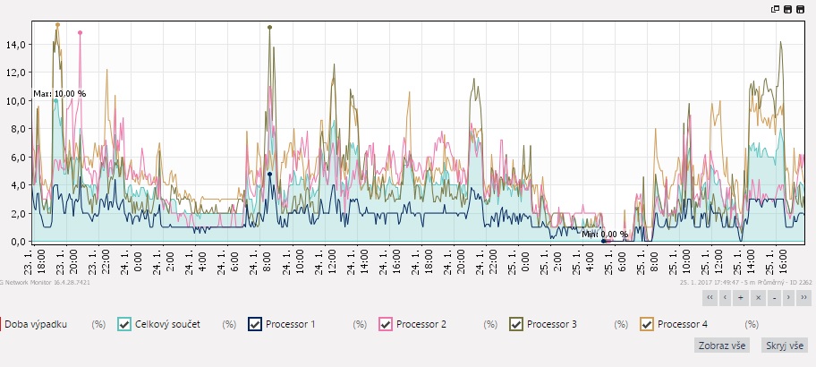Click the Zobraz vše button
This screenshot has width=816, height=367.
click(x=722, y=346)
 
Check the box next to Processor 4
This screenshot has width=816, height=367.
click(x=647, y=324)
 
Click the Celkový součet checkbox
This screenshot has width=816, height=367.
click(x=124, y=324)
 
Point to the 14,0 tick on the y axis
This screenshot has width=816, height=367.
click(x=17, y=45)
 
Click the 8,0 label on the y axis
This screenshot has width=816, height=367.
click(x=17, y=129)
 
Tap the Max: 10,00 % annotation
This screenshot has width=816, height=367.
click(x=60, y=93)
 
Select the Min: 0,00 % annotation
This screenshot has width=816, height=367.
click(x=605, y=235)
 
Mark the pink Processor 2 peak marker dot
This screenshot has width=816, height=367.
click(x=80, y=33)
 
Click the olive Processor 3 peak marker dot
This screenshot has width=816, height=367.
click(x=269, y=28)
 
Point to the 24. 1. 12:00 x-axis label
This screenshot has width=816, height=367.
click(x=332, y=261)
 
